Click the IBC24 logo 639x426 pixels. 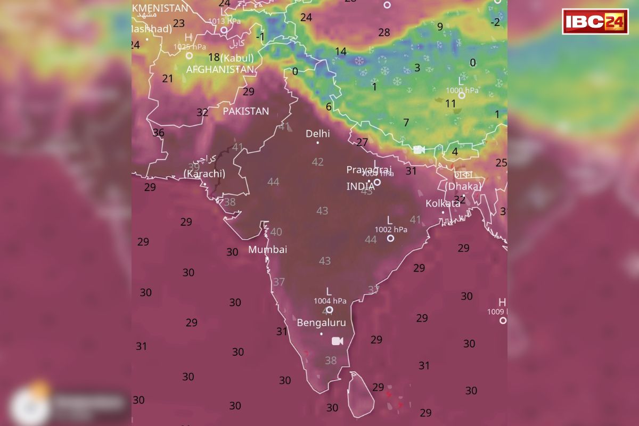[x=595, y=22]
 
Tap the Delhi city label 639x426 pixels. [x=317, y=134]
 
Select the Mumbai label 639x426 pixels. [x=267, y=249]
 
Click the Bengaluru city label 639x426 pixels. [x=321, y=323]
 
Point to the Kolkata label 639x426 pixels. [x=443, y=203]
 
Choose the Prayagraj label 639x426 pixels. [x=369, y=169]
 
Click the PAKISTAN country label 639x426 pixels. [x=245, y=111]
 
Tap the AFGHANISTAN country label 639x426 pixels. [x=220, y=70]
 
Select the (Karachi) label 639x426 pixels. [x=204, y=174]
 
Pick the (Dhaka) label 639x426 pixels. [x=463, y=186]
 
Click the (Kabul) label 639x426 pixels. [x=237, y=58]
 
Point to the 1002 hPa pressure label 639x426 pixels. [x=391, y=230]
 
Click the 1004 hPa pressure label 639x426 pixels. [x=330, y=301]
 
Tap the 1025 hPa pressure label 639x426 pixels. [x=189, y=47]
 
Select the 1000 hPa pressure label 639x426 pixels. [x=462, y=91]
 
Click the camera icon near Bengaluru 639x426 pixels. [x=337, y=341]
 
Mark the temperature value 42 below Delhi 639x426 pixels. [x=318, y=162]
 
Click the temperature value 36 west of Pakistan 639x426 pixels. [x=158, y=133]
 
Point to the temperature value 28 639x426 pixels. [x=384, y=32]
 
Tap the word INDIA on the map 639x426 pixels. [x=361, y=186]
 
